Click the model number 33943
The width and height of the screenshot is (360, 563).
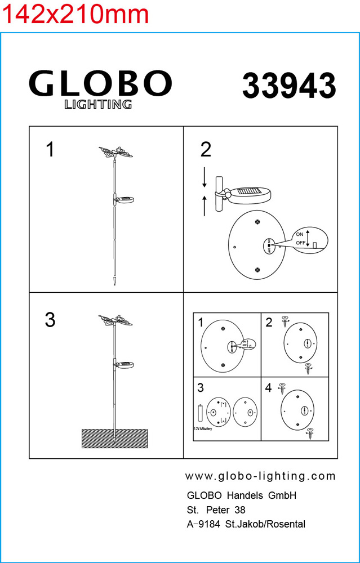[x=289, y=86]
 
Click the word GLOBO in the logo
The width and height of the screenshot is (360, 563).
[x=100, y=84]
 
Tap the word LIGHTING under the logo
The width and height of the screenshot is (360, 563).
[x=98, y=104]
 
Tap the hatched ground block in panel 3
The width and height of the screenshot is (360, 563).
[x=114, y=439]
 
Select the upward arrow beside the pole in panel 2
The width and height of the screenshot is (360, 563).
[x=205, y=206]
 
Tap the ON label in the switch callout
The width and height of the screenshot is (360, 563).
[x=299, y=234]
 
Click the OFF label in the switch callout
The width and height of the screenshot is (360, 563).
[x=300, y=243]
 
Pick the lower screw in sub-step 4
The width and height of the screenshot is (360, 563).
[x=310, y=434]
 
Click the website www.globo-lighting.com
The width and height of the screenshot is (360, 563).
[x=260, y=476]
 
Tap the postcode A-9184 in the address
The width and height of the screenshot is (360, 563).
[x=203, y=524]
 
